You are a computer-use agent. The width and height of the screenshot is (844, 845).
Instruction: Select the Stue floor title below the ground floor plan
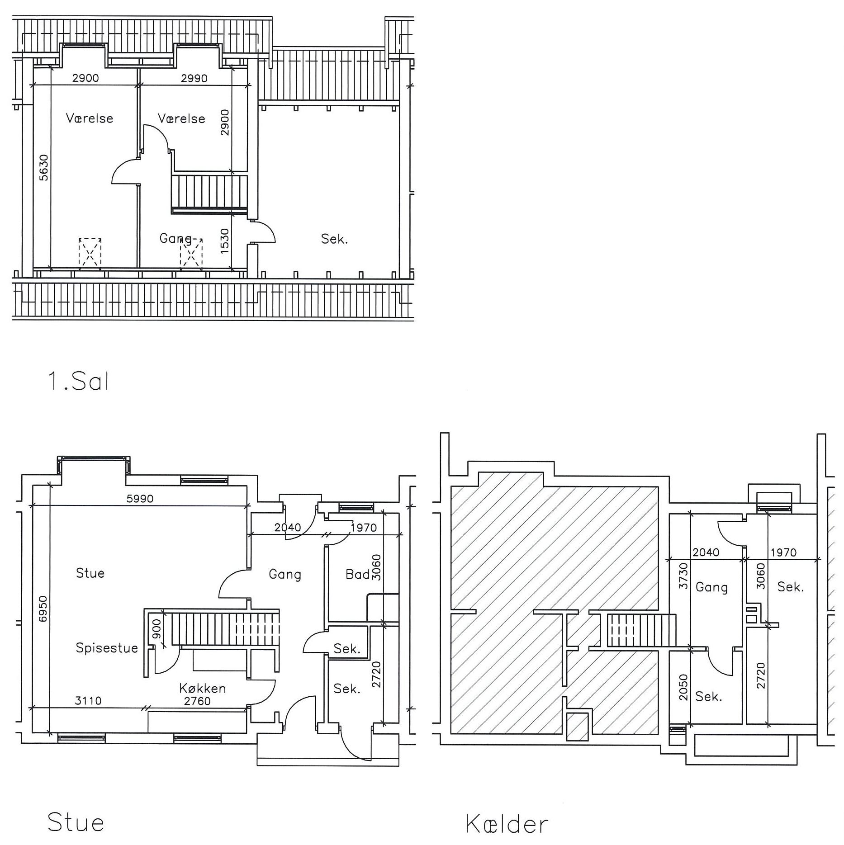pyautogui.click(x=76, y=822)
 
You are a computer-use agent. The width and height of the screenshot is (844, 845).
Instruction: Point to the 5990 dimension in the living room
pyautogui.click(x=140, y=499)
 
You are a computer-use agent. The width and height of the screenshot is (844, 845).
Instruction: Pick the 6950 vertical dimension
pyautogui.click(x=43, y=609)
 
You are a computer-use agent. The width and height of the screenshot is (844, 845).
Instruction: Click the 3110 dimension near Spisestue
pyautogui.click(x=88, y=701)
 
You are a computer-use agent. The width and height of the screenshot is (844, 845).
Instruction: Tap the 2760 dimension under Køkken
pyautogui.click(x=197, y=701)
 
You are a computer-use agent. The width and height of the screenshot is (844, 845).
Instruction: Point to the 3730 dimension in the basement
pyautogui.click(x=683, y=576)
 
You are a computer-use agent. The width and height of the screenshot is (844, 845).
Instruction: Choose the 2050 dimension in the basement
pyautogui.click(x=683, y=688)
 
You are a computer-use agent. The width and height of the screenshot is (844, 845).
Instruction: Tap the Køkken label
pyautogui.click(x=202, y=688)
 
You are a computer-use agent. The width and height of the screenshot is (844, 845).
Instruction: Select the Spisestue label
pyautogui.click(x=107, y=648)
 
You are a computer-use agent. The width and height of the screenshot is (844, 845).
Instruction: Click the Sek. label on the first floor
pyautogui.click(x=335, y=239)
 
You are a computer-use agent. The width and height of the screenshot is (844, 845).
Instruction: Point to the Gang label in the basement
pyautogui.click(x=711, y=587)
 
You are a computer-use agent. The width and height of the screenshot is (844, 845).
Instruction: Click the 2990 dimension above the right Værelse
pyautogui.click(x=194, y=78)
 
